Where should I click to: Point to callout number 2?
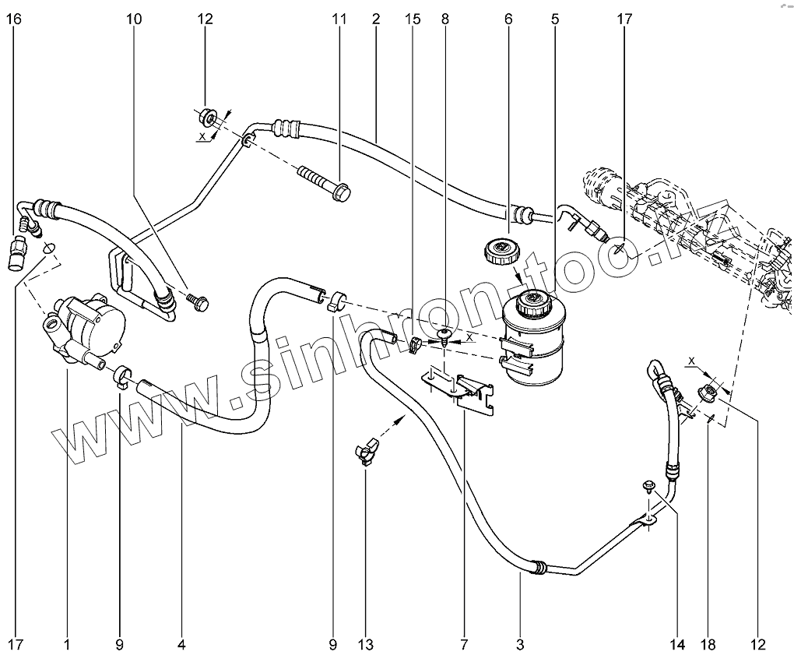[x=375, y=19]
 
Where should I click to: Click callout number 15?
[x=413, y=19]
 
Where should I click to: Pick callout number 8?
[x=444, y=19]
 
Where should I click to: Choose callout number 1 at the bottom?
[x=67, y=644]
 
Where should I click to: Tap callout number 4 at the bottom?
[x=181, y=644]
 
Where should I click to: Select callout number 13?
[x=366, y=644]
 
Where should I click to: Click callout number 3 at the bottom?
[x=520, y=644]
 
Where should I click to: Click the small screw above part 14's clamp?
[x=648, y=487]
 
